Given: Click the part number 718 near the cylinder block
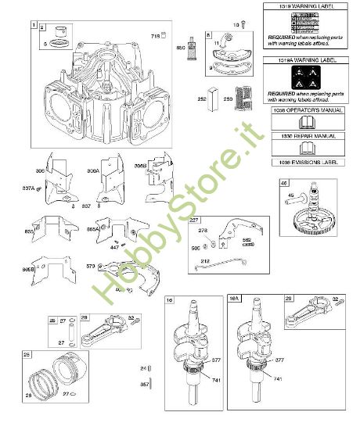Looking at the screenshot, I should [x=155, y=37].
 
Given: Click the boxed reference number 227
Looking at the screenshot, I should [x=194, y=219].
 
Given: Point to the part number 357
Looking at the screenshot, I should [x=143, y=385].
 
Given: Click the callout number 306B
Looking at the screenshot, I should [x=141, y=167].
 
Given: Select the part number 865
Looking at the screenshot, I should [x=30, y=232].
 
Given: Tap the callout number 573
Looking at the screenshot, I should [x=90, y=267].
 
